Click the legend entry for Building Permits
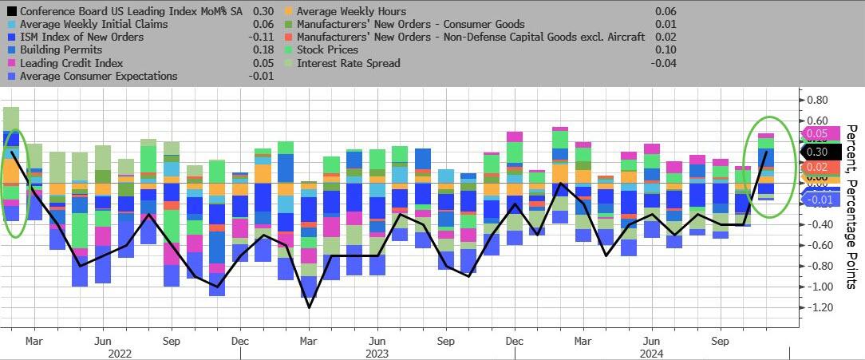click(x=61, y=49)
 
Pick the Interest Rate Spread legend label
click(x=348, y=62)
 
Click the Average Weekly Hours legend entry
click(x=351, y=11)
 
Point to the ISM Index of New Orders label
click(x=81, y=37)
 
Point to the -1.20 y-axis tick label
click(x=820, y=308)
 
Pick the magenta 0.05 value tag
click(x=816, y=134)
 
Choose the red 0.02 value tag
click(x=816, y=167)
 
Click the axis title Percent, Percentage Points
click(x=851, y=206)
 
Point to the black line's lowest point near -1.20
click(x=309, y=307)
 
